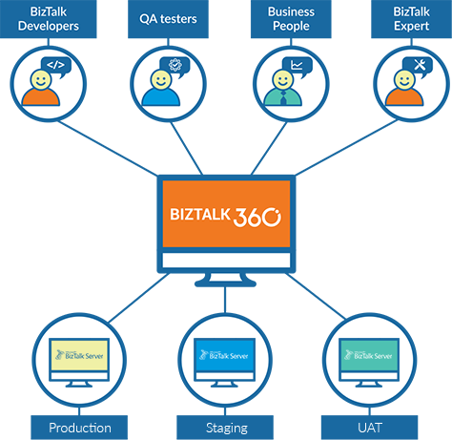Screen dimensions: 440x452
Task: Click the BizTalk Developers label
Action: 47,19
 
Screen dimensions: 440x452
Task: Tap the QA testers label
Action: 168,19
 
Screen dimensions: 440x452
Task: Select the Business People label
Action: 291,19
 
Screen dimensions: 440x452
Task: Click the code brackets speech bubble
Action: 56,66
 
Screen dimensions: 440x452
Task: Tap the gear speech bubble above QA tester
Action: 175,66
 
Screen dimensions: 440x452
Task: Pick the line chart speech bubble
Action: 297,66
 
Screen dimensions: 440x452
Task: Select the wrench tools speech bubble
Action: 417,66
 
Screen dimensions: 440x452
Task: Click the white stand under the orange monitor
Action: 226,276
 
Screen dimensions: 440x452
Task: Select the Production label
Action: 80,428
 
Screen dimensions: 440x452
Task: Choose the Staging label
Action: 226,428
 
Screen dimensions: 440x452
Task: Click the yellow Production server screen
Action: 79,355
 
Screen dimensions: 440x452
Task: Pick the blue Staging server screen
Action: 225,355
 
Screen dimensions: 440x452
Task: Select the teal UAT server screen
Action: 370,355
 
